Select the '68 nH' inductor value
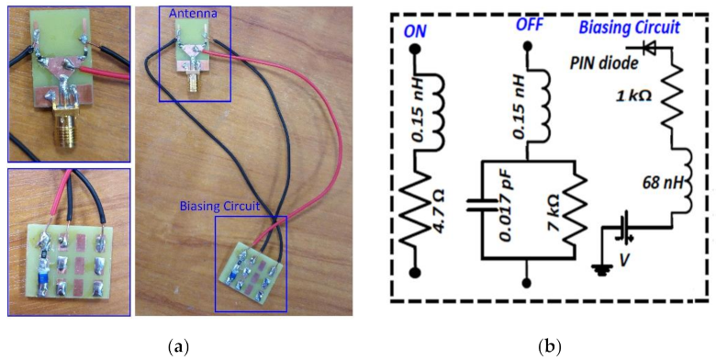650,189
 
